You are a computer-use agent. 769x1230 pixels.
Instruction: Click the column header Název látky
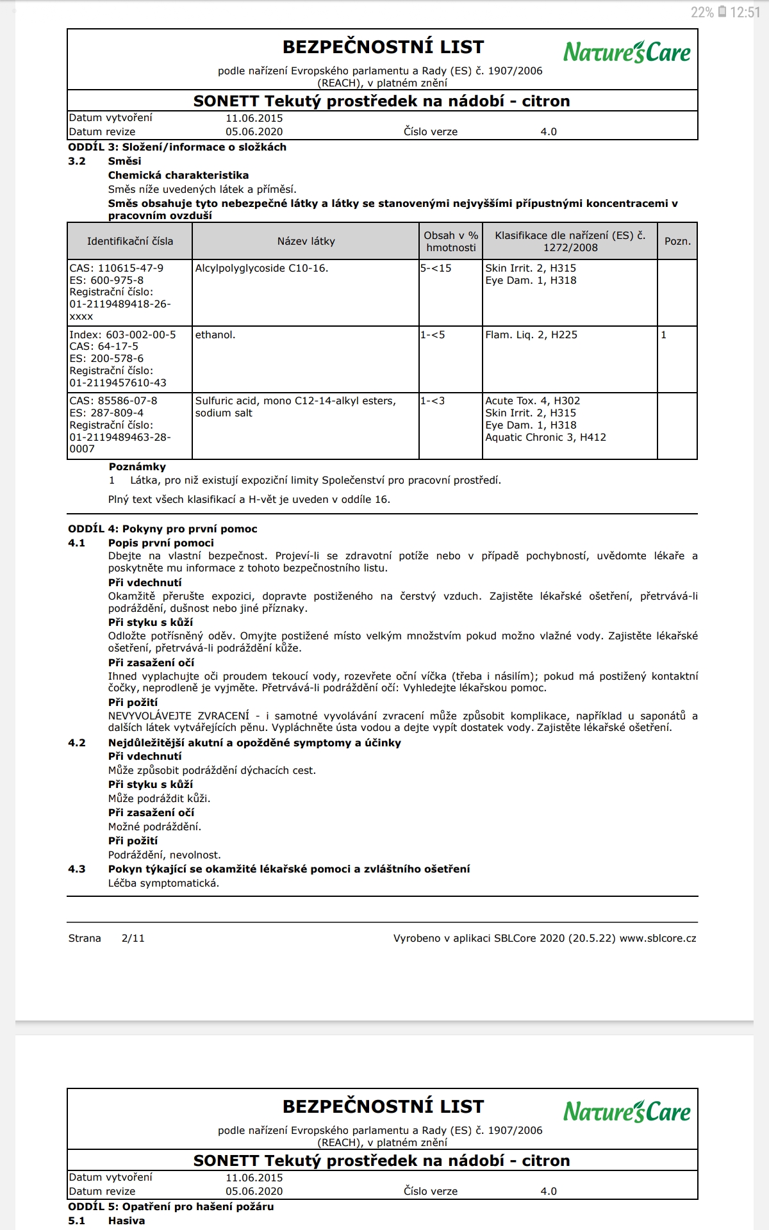click(x=306, y=242)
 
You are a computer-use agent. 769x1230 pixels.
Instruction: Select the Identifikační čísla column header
click(x=130, y=242)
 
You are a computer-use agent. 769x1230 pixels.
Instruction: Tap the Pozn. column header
click(x=677, y=242)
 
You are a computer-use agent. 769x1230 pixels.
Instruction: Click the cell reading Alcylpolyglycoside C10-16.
click(x=261, y=268)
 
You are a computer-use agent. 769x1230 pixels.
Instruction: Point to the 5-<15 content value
click(x=436, y=268)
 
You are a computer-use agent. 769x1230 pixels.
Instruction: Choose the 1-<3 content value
click(x=433, y=401)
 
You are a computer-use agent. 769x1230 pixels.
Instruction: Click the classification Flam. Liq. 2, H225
click(x=531, y=335)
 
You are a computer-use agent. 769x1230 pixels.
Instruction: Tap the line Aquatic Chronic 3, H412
click(x=545, y=438)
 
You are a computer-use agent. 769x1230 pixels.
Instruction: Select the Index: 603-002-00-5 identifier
click(x=122, y=335)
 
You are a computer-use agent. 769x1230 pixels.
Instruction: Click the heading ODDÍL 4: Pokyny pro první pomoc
click(x=163, y=529)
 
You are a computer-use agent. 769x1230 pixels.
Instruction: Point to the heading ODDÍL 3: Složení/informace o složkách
click(x=178, y=147)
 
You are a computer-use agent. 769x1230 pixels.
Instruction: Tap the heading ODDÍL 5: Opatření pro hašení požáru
click(x=171, y=1207)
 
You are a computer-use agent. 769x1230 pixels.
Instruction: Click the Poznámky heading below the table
click(x=137, y=467)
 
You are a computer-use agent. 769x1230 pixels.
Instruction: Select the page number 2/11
click(x=133, y=939)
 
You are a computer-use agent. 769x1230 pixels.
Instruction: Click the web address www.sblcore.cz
click(x=657, y=939)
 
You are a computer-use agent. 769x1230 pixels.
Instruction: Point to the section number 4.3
click(x=77, y=869)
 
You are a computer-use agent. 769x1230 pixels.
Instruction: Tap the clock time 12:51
click(x=745, y=12)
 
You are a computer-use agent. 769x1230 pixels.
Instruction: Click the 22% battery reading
click(x=702, y=12)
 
